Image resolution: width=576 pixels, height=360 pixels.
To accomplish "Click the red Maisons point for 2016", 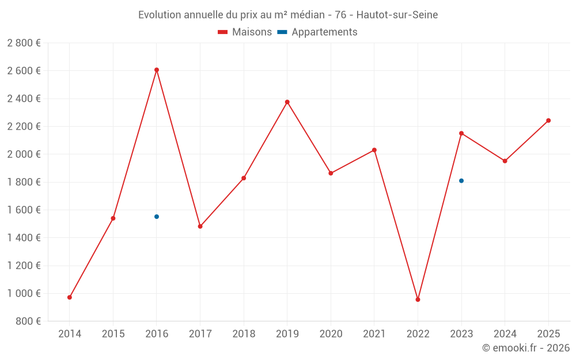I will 157,70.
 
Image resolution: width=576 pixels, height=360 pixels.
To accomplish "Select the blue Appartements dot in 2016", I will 157,217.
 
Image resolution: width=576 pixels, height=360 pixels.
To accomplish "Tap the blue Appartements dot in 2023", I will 461,181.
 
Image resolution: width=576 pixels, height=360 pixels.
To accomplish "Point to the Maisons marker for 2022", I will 418,300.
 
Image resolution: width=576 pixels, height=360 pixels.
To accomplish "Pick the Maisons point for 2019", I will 287,102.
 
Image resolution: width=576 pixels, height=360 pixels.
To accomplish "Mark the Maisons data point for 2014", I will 70,297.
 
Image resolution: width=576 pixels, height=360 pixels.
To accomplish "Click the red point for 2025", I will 548,120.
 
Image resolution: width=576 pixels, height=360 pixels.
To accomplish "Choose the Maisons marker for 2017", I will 200,226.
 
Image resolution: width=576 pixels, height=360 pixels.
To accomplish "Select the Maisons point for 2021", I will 374,150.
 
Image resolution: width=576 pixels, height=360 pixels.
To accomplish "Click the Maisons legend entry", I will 245,32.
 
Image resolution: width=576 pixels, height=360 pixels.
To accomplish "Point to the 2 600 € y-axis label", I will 24,71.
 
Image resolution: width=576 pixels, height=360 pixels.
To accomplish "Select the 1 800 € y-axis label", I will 24,182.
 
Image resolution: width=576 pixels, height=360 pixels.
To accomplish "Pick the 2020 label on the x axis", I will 331,334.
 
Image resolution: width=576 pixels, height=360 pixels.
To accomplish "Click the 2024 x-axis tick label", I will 505,334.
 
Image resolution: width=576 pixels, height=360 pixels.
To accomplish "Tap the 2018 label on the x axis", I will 244,334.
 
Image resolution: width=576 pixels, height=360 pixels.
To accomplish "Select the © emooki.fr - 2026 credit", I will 525,348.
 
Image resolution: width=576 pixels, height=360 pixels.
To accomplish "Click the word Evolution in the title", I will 160,15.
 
